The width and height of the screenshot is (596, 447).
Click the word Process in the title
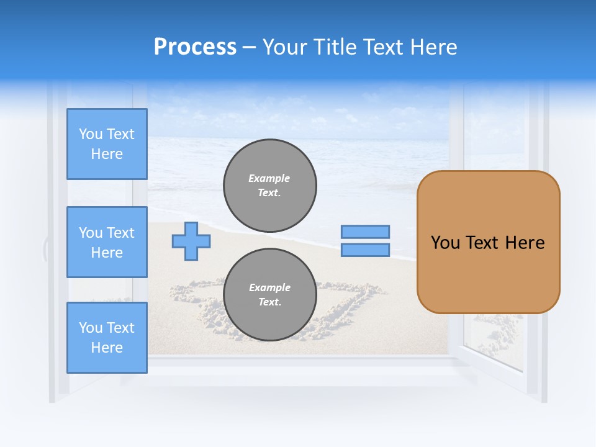[x=195, y=47]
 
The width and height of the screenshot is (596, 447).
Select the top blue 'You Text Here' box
[x=107, y=144]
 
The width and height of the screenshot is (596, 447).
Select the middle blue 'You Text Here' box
[x=107, y=242]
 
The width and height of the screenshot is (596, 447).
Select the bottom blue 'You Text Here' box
[x=107, y=338]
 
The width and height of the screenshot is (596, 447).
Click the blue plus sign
[x=191, y=242]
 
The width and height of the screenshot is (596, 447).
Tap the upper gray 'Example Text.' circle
[x=269, y=186]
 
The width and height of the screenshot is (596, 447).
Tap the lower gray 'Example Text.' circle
[x=269, y=295]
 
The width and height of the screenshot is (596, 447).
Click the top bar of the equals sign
[x=365, y=232]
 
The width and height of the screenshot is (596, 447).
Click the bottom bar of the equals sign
[x=365, y=250]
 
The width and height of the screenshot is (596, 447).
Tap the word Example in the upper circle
[x=269, y=178]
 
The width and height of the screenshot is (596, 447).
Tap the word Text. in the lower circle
[x=269, y=302]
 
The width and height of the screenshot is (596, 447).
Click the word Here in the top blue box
[x=107, y=154]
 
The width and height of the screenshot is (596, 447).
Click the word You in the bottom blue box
[x=91, y=328]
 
